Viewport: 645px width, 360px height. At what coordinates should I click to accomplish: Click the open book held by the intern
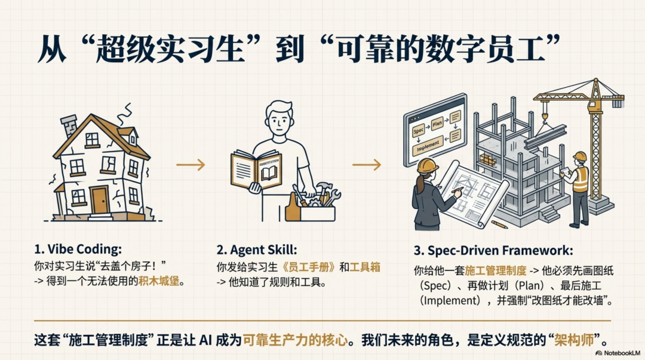256,170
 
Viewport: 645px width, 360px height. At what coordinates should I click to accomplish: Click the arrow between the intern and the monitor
366,165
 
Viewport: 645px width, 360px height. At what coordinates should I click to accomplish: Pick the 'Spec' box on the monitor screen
419,129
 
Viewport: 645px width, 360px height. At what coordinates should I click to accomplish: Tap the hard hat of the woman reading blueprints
428,165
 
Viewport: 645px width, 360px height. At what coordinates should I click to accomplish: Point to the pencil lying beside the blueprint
499,224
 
